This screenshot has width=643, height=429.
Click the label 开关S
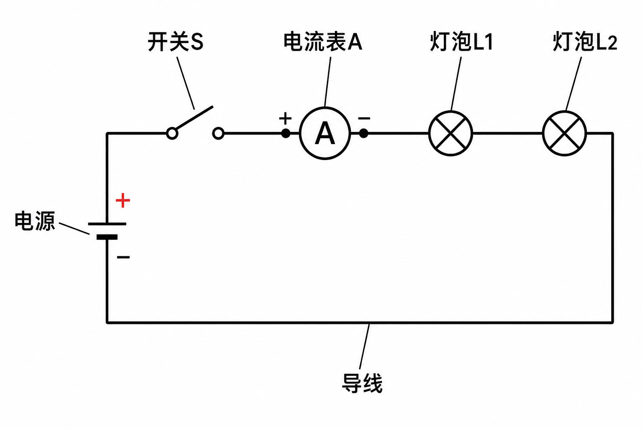click(176, 42)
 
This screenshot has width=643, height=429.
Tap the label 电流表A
click(323, 42)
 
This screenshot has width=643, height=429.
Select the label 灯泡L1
click(461, 42)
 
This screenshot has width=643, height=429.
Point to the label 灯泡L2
click(585, 42)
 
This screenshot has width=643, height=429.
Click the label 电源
click(35, 221)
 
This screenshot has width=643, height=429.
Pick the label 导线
click(362, 383)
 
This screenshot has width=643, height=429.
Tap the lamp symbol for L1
click(451, 133)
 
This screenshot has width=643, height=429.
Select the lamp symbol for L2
click(564, 133)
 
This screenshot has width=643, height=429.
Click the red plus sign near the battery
click(123, 200)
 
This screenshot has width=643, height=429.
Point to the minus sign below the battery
click(123, 257)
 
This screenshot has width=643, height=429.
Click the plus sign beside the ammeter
click(285, 119)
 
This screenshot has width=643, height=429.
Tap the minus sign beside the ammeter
click(364, 118)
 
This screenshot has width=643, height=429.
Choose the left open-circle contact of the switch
click(172, 134)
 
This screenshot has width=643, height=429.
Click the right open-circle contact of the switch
click(219, 134)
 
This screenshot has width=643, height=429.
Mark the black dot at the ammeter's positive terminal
click(285, 133)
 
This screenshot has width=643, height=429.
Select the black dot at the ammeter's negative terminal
click(364, 133)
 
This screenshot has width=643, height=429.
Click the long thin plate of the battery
click(107, 224)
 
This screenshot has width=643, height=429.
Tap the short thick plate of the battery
click(107, 237)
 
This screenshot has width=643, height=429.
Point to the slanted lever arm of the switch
click(194, 118)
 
